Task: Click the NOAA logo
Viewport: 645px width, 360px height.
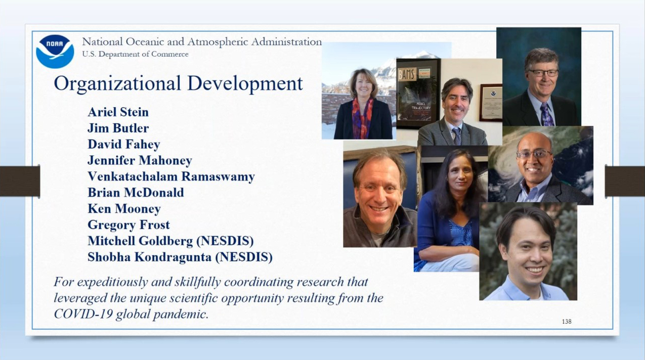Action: [55, 52]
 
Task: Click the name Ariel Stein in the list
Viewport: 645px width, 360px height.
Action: [118, 112]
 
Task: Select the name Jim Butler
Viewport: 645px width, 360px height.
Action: [118, 128]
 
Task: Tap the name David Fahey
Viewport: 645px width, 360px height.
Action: [124, 145]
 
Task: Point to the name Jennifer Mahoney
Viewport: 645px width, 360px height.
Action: [140, 161]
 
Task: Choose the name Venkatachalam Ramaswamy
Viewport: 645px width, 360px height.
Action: [171, 176]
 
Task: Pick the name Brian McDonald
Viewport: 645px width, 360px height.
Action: [136, 193]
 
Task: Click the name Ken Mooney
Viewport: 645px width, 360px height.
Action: [124, 209]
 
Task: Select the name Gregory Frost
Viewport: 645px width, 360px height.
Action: [128, 225]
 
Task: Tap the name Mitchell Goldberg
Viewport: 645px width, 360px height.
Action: [140, 241]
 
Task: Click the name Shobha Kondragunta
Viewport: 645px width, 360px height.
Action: [149, 257]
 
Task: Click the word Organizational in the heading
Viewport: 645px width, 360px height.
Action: [117, 84]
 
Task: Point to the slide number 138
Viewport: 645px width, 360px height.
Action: [567, 322]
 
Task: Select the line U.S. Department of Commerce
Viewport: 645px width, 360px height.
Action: [136, 54]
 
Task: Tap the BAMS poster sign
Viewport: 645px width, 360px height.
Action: [407, 74]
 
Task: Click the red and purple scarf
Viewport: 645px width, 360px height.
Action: [362, 117]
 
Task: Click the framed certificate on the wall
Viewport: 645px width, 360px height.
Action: [491, 103]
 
